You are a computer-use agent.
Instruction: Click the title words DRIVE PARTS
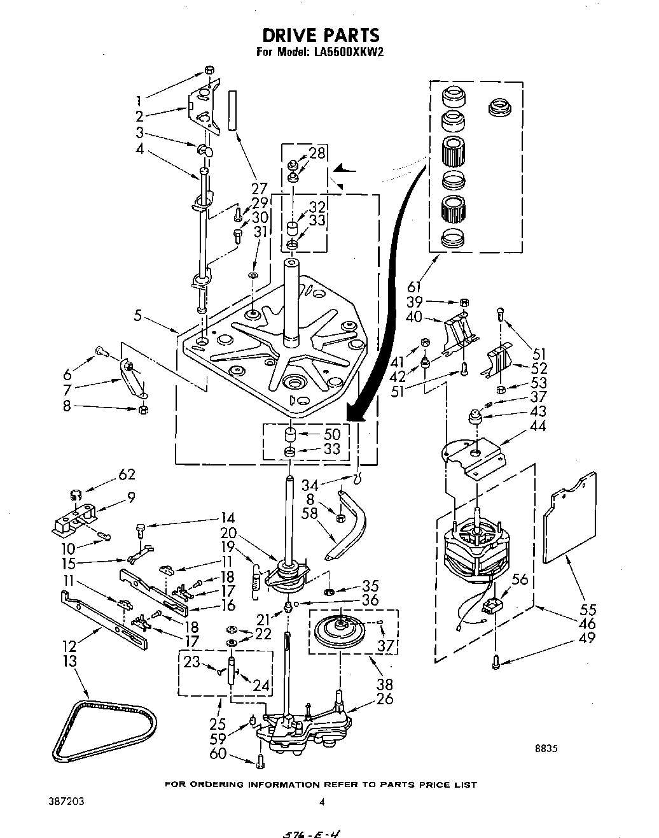point(321,34)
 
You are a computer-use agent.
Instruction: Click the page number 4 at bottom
point(322,802)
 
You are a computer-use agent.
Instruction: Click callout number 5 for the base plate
point(139,314)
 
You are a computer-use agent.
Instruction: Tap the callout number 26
point(385,699)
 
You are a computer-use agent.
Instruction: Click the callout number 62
point(127,474)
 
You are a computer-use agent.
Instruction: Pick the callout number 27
point(258,188)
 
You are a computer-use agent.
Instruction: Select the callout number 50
point(331,434)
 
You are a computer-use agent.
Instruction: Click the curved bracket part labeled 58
point(350,525)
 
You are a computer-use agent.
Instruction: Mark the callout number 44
point(538,426)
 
